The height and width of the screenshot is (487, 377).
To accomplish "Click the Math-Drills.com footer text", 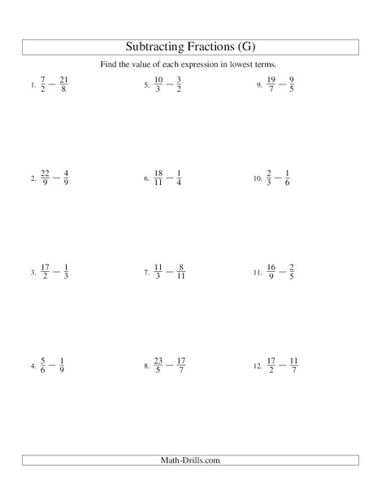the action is coord(188,461).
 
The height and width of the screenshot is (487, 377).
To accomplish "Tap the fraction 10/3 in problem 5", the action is coord(159,85).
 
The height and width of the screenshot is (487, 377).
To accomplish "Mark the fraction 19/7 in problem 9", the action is coord(272,85).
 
